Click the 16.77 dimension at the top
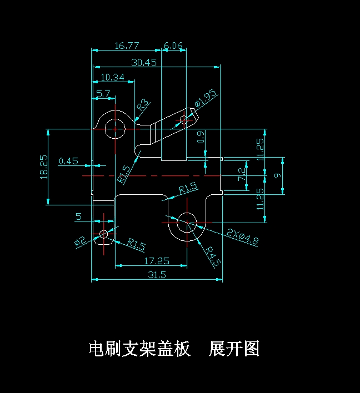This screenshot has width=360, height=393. (x=127, y=46)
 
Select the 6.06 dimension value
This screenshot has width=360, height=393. (x=173, y=46)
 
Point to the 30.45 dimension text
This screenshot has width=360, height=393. (x=143, y=62)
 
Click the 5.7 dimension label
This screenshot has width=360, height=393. (x=103, y=94)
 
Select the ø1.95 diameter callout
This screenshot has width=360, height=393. (x=206, y=98)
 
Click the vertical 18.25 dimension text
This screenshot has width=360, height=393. (x=44, y=166)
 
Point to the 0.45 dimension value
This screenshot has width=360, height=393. (x=68, y=161)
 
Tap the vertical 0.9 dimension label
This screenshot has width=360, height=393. (x=201, y=137)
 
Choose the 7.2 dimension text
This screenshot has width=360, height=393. (x=242, y=174)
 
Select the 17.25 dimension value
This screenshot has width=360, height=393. (x=156, y=260)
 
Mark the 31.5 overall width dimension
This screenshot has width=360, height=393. (x=157, y=275)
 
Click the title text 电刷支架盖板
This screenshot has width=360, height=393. (x=139, y=349)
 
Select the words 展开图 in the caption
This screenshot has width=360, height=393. (x=234, y=349)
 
